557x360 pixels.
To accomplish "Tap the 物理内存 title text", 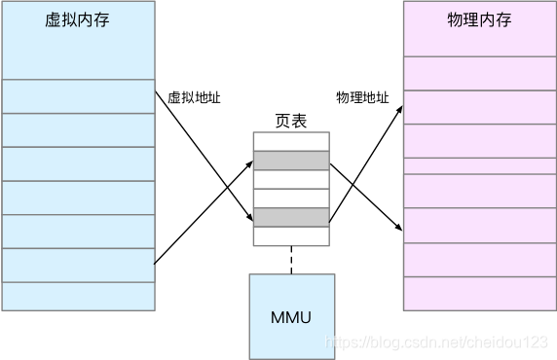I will (479, 21).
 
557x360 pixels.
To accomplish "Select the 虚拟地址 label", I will (195, 98).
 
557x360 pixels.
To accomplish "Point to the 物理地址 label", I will (362, 98).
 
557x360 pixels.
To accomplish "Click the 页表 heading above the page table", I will (291, 122).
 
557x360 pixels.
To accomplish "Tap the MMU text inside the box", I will (291, 317).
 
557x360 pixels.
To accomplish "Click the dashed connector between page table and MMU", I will (291, 259).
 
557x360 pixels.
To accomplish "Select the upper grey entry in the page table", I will (291, 161).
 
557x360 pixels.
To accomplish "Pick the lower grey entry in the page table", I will (291, 217).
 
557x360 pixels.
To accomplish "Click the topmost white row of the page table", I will (291, 141).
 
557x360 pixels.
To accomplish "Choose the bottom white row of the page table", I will (291, 235).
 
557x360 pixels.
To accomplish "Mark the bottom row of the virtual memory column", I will (78, 296).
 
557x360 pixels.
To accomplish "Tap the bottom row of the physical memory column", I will (479, 294).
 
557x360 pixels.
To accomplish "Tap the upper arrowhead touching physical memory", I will (399, 111).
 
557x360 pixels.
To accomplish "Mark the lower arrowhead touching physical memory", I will (399, 228).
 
